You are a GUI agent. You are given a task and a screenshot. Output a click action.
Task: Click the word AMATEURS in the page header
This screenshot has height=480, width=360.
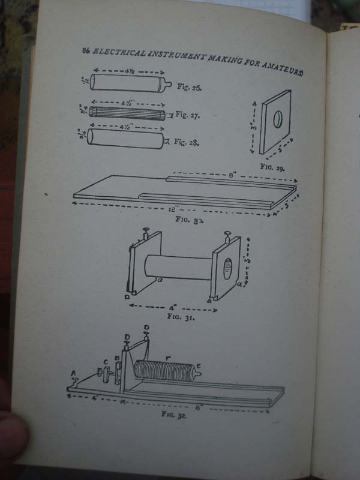(x=283, y=64)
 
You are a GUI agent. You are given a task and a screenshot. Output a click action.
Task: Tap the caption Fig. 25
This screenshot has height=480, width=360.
(x=190, y=87)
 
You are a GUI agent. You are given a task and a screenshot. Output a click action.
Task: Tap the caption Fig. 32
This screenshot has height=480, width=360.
(x=174, y=414)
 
